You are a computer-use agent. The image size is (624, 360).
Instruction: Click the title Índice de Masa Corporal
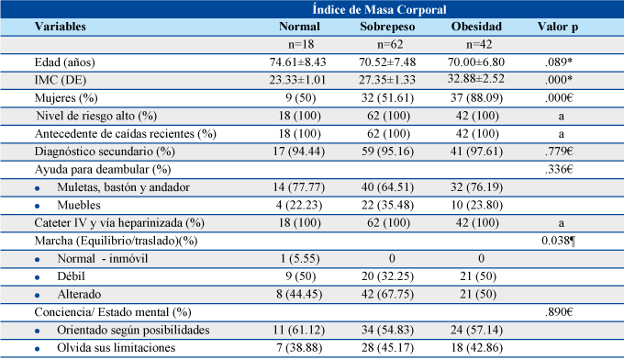coord(379,9)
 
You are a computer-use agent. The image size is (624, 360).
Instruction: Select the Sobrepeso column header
coord(387,27)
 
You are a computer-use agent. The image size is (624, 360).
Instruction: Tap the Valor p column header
coord(558,27)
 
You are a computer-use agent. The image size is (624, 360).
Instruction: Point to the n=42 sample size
coord(479,44)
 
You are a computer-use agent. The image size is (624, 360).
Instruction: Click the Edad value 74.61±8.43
coord(297,62)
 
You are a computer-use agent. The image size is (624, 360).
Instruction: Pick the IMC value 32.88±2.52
coord(476,78)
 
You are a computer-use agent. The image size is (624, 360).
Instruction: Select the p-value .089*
coord(559,62)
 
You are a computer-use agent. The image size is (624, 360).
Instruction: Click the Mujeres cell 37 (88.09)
coord(476,98)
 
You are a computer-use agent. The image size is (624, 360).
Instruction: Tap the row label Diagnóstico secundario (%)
coord(105,152)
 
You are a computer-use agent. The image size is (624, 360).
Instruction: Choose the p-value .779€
coord(559,152)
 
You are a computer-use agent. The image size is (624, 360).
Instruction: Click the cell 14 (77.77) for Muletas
coord(298,187)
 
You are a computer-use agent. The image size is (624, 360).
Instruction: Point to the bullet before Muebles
coord(38,207)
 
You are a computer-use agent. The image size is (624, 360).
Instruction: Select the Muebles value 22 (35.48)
coord(387,205)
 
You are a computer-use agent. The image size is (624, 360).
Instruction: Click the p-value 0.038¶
coord(558,241)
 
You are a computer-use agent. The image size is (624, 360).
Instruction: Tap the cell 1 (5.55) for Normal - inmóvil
coord(300,259)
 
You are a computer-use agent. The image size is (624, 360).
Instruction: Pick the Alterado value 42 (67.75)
coord(387,294)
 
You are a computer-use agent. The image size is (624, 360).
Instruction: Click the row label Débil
coord(72,276)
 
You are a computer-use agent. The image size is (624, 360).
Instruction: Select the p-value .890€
coord(559,312)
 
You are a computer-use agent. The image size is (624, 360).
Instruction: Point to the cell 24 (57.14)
coord(476,330)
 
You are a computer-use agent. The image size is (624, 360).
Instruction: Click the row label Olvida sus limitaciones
coord(117,348)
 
